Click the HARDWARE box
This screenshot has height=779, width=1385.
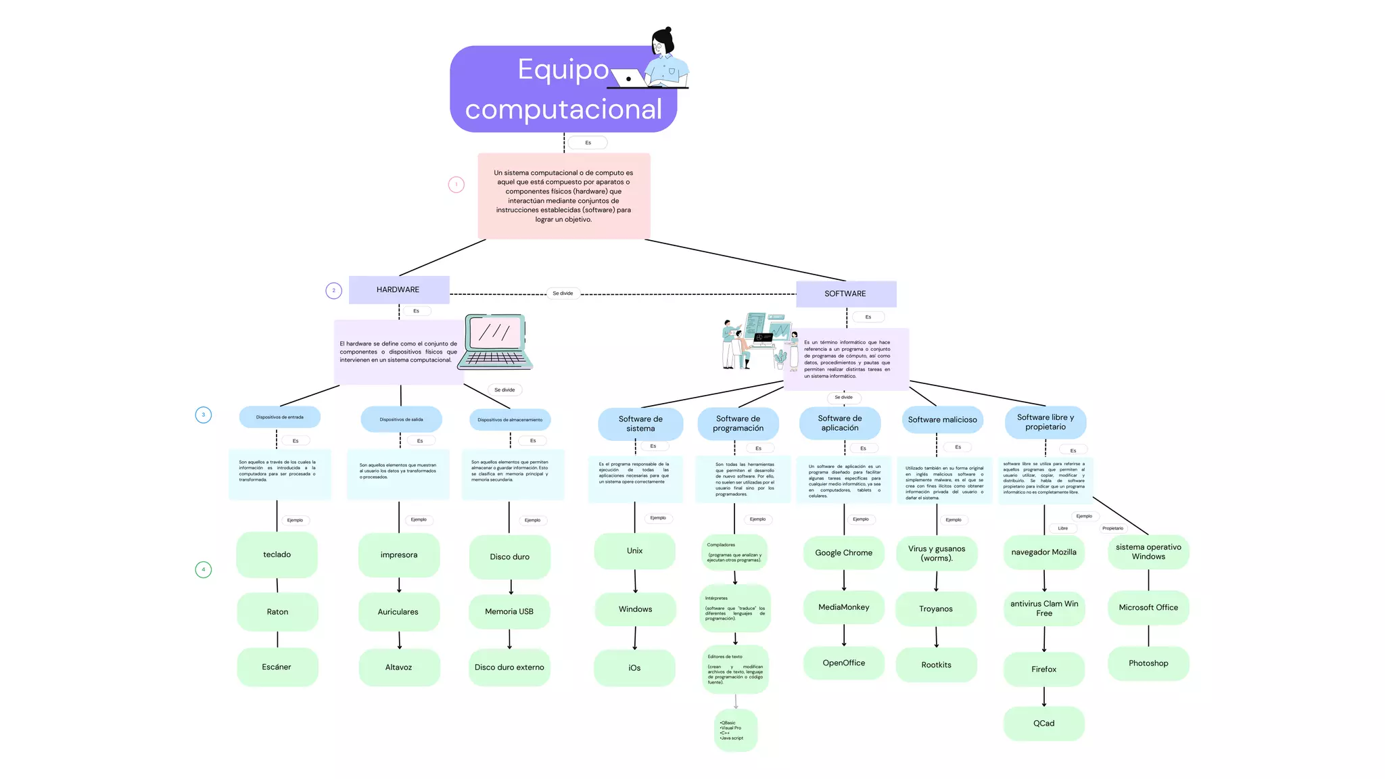(x=398, y=289)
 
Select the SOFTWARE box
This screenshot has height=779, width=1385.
(x=845, y=293)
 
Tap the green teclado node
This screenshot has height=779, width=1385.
(x=277, y=554)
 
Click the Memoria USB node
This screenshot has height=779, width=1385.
(x=509, y=611)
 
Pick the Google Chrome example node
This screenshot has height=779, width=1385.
(x=843, y=552)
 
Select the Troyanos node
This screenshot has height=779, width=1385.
(x=935, y=609)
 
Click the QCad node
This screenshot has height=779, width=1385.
(x=1043, y=723)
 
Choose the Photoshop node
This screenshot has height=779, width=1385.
(x=1148, y=663)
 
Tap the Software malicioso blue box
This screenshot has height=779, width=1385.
(x=942, y=420)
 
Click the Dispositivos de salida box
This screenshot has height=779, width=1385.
(x=401, y=419)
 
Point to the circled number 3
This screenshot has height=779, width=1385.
(x=204, y=415)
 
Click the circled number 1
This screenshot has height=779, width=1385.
(x=456, y=184)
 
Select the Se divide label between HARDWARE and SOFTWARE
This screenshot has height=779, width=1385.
(x=563, y=293)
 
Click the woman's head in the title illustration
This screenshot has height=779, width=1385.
(x=663, y=42)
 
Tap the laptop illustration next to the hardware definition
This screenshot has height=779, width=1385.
(x=495, y=341)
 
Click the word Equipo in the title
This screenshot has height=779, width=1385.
(x=563, y=69)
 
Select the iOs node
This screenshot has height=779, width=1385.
(x=634, y=667)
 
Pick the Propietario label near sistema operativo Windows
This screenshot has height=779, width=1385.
(x=1112, y=528)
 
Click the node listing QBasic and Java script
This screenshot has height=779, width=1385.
(x=735, y=730)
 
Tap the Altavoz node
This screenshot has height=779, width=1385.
(x=398, y=667)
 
